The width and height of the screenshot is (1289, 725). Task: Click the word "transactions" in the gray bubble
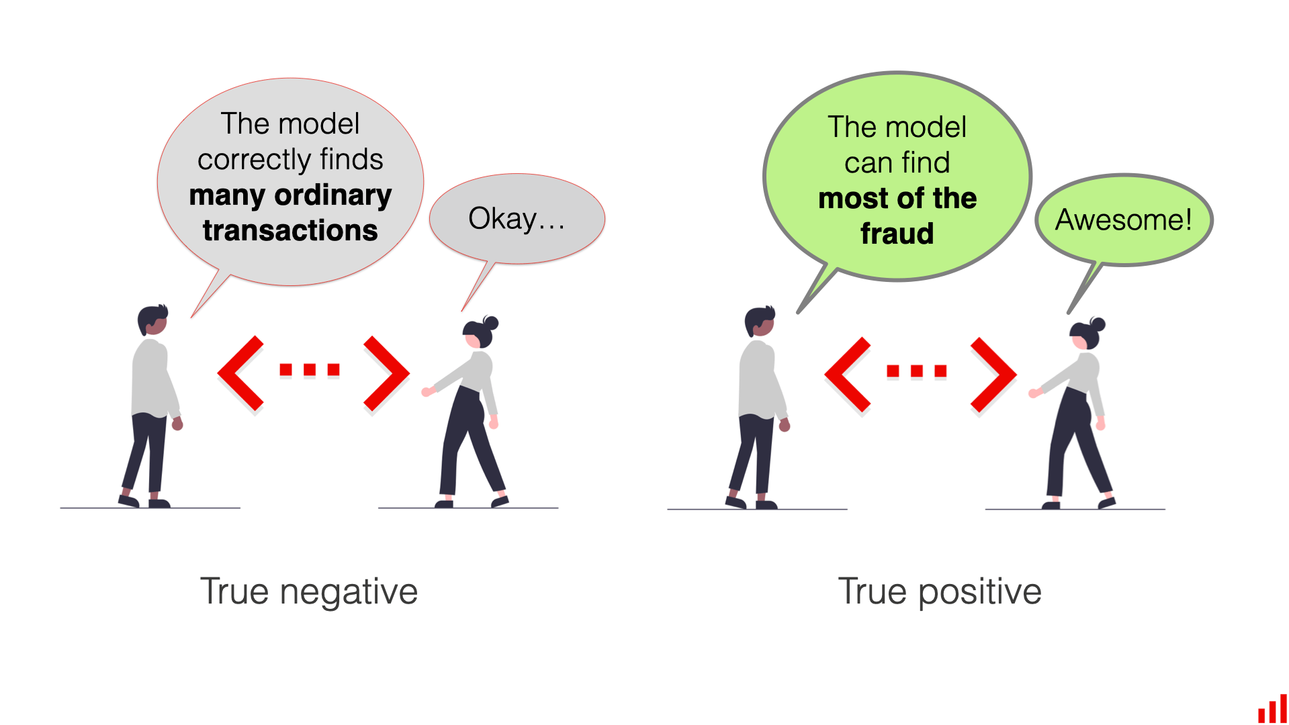tap(290, 230)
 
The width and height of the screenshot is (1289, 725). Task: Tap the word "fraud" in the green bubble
tap(897, 234)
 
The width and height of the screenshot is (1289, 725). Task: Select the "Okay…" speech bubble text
tap(516, 219)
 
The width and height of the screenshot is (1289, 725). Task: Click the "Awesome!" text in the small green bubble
tap(1123, 220)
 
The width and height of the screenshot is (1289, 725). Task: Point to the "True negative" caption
tap(309, 591)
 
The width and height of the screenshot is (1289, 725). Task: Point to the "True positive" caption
tap(940, 591)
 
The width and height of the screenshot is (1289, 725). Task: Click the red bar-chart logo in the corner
tap(1272, 710)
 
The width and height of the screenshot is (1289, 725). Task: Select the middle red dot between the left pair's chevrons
tap(310, 370)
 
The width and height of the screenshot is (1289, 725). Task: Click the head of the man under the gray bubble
tap(152, 320)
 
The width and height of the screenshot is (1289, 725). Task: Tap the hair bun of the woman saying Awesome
tap(1098, 324)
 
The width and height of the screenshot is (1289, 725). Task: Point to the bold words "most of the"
tap(897, 199)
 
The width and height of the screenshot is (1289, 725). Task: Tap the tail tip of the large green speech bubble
tap(799, 311)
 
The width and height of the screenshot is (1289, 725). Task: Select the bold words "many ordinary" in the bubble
tap(290, 195)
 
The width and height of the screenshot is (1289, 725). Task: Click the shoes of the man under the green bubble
tap(751, 503)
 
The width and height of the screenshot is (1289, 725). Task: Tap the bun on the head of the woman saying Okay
tap(491, 323)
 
